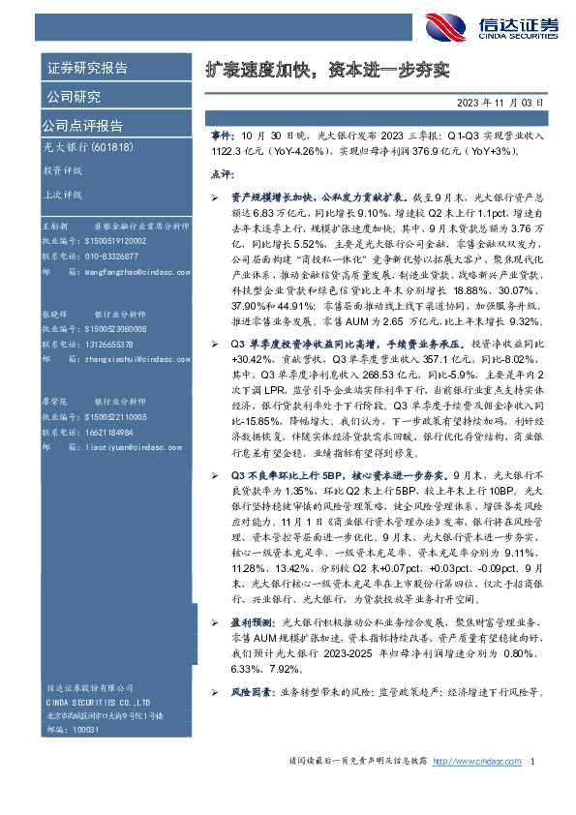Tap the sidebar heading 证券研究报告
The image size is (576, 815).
[x=87, y=69]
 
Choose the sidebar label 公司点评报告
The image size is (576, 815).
[x=81, y=126]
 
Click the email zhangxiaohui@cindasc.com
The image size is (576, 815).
[x=123, y=358]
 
